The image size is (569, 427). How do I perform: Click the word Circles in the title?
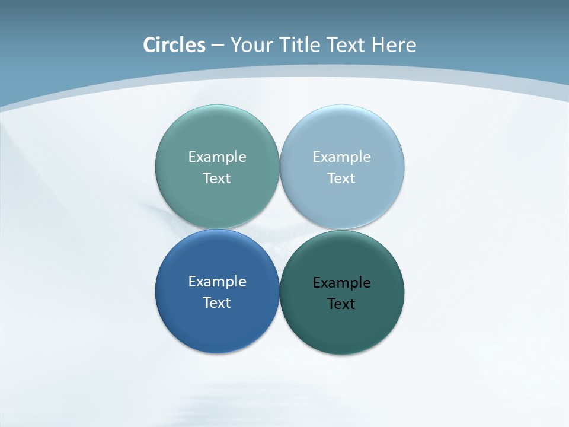pyautogui.click(x=174, y=45)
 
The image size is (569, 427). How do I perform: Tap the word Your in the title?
pyautogui.click(x=250, y=45)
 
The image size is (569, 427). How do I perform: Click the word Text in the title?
pyautogui.click(x=347, y=45)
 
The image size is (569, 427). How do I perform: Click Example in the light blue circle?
pyautogui.click(x=341, y=157)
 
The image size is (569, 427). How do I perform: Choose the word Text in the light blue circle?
pyautogui.click(x=341, y=179)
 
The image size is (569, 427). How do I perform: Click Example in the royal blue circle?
pyautogui.click(x=217, y=282)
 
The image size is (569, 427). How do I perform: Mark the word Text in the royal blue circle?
pyautogui.click(x=217, y=303)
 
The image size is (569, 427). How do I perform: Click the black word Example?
pyautogui.click(x=341, y=283)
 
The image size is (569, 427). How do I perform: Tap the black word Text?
pyautogui.click(x=341, y=304)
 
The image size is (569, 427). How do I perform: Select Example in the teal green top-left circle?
pyautogui.click(x=217, y=157)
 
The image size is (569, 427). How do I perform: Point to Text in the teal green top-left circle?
pyautogui.click(x=217, y=179)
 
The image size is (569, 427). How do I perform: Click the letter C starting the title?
pyautogui.click(x=149, y=45)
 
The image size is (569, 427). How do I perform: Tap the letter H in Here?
pyautogui.click(x=378, y=45)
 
